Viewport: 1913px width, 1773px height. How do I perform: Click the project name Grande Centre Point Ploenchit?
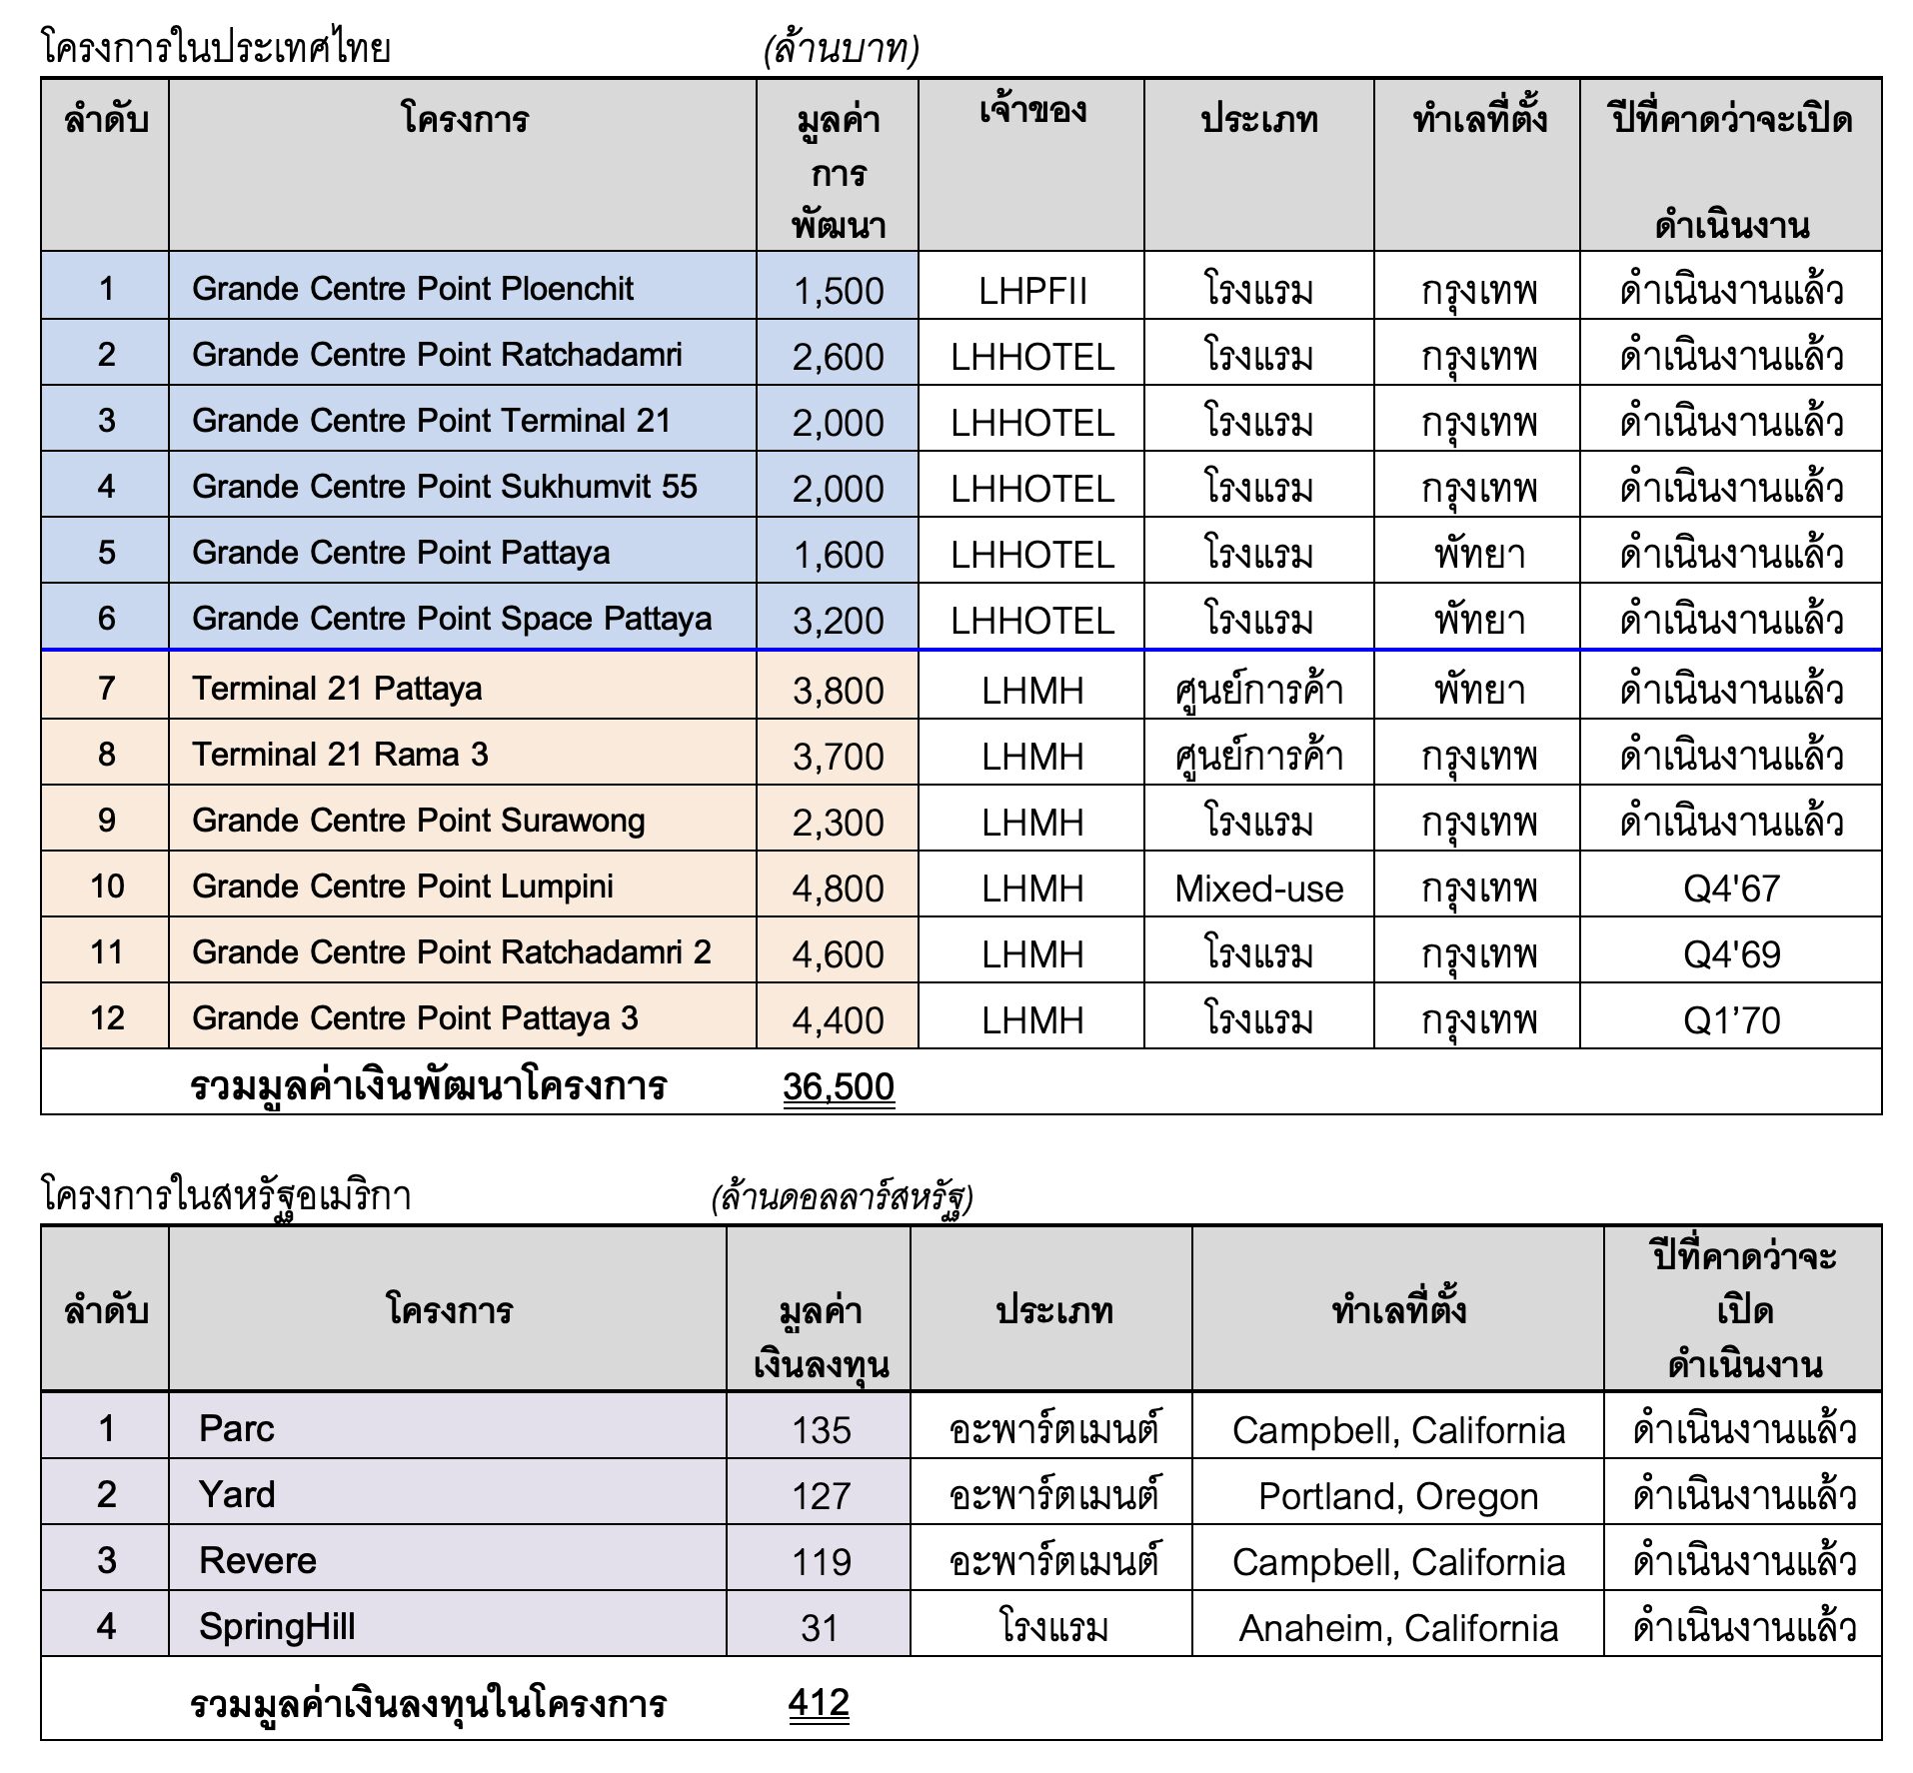pos(412,288)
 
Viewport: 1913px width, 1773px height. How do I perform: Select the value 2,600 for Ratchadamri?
pos(838,356)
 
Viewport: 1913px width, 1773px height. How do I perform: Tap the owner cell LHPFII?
pos(1031,290)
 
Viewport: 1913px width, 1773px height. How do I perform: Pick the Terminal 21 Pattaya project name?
pos(337,688)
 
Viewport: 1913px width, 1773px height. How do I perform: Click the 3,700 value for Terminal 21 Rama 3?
pos(838,756)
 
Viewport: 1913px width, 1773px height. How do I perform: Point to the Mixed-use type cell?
pos(1258,887)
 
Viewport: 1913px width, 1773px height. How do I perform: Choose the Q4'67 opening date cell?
pos(1731,887)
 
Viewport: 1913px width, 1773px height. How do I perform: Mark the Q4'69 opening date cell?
pos(1731,953)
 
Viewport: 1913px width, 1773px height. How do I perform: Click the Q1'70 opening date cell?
pos(1731,1019)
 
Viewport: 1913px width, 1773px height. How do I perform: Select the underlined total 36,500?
pos(838,1086)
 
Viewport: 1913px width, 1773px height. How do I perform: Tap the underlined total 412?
pos(819,1702)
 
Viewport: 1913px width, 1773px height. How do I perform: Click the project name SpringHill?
pos(277,1626)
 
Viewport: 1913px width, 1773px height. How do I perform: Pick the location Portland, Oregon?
pos(1397,1495)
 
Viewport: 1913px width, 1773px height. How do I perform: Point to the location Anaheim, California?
pos(1397,1628)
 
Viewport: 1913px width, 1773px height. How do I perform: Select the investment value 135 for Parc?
pos(821,1429)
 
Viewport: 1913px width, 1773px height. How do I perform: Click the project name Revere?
pos(257,1560)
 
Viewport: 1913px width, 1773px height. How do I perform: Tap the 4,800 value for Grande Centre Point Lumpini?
pos(838,887)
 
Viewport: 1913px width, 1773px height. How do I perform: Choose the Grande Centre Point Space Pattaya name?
pos(452,618)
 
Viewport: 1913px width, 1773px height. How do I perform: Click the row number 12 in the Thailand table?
pos(107,1017)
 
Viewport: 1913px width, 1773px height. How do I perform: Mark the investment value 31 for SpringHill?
pos(819,1628)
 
